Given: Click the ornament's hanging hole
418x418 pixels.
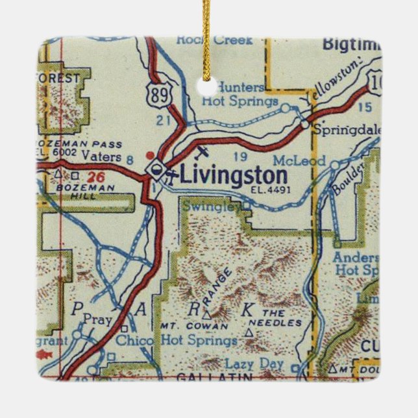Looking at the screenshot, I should (209, 85).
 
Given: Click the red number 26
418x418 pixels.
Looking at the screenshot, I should (96, 177).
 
